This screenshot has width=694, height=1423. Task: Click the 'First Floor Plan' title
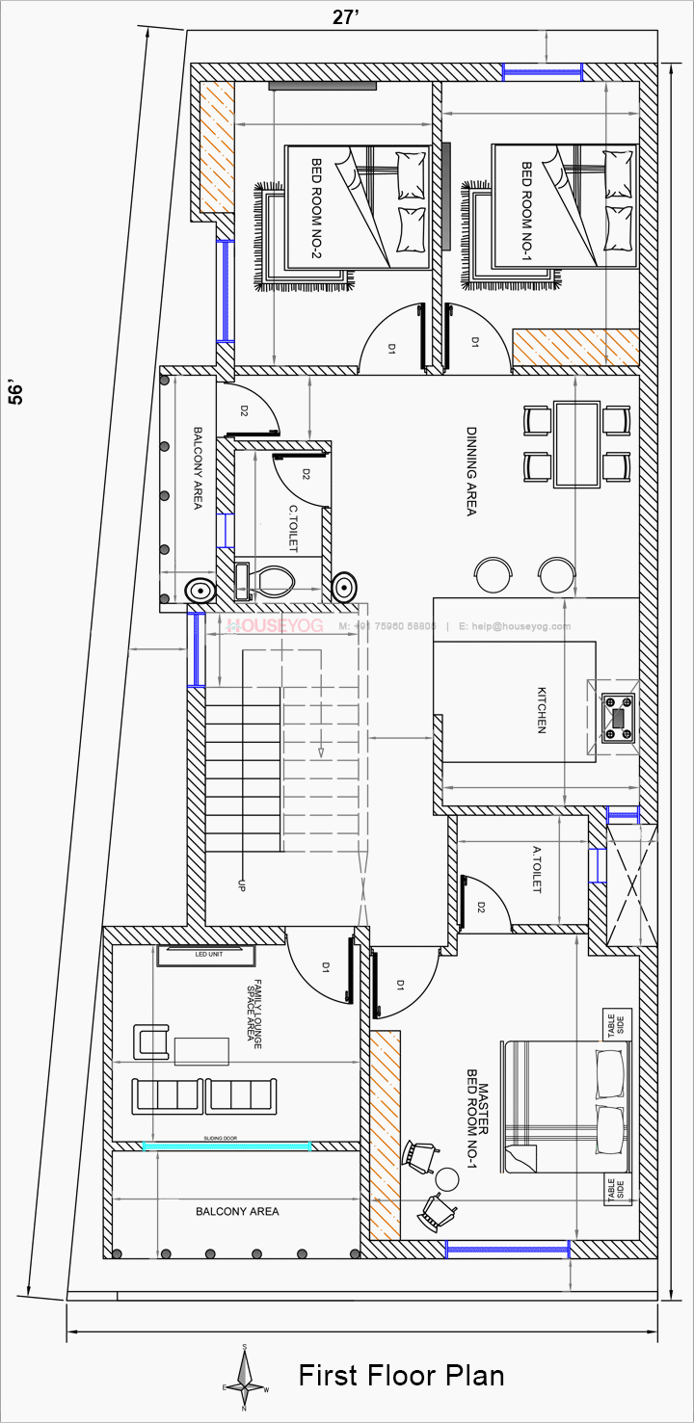pos(401,1375)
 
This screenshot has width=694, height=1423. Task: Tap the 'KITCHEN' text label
pos(542,710)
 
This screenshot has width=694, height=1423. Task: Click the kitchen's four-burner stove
pos(617,717)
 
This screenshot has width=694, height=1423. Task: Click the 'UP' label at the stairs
pos(241,884)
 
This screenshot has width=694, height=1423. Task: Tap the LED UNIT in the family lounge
pos(207,955)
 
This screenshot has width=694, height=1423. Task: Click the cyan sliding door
pos(227,1146)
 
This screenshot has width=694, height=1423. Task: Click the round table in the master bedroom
pos(447,1178)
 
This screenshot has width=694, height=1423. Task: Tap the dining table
pos(576,443)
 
